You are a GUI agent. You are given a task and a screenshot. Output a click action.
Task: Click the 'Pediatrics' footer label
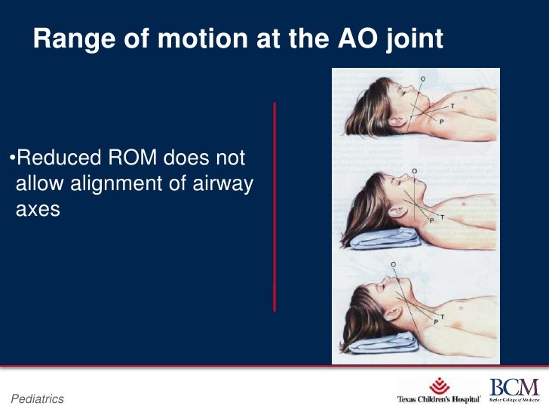(37, 398)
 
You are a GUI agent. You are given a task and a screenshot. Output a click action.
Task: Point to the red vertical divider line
(274, 207)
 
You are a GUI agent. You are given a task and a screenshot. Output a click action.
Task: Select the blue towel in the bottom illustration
(377, 340)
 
